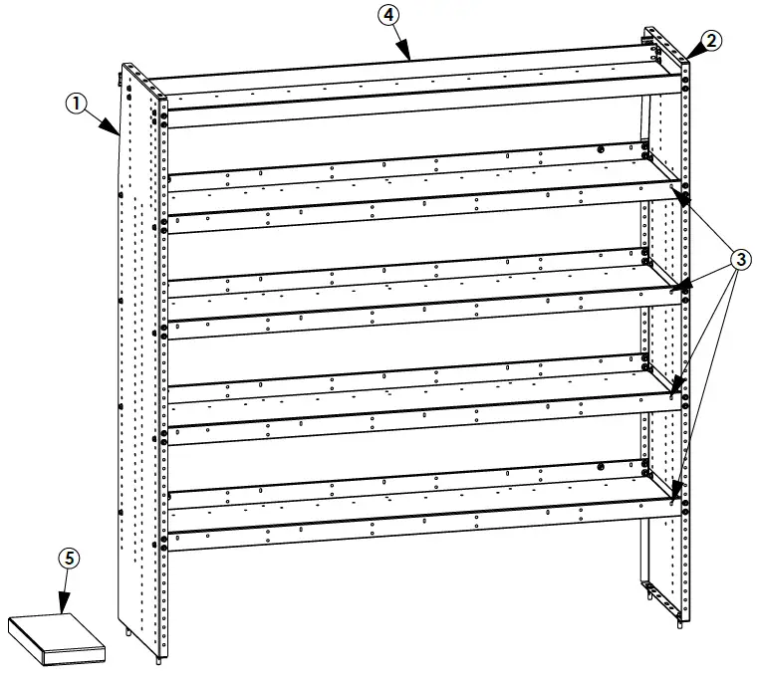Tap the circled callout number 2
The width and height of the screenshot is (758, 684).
tap(711, 40)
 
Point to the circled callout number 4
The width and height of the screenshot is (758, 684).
tap(389, 17)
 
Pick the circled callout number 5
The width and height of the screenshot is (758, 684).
tap(68, 559)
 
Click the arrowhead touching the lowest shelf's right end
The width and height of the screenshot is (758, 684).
tap(675, 493)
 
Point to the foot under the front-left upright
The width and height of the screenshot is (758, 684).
tap(160, 658)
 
